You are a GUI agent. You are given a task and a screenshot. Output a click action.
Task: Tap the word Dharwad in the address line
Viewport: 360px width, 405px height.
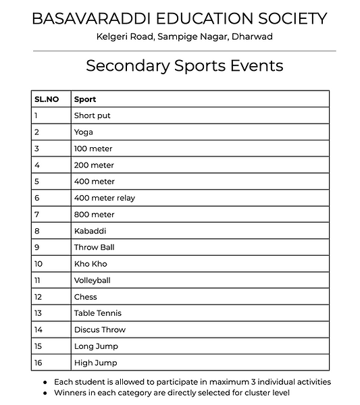(252, 36)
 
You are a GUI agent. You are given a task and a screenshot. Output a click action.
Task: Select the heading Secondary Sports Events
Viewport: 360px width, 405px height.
(184, 65)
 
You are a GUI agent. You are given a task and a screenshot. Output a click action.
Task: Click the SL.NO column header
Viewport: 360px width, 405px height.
(47, 99)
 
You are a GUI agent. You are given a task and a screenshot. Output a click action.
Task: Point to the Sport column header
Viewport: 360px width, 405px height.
(85, 99)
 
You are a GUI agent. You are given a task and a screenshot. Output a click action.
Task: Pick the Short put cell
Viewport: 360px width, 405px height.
(93, 115)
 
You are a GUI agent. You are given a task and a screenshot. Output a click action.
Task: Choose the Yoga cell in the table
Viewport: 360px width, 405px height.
(84, 132)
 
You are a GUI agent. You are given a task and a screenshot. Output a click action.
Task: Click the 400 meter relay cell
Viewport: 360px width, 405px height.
(105, 198)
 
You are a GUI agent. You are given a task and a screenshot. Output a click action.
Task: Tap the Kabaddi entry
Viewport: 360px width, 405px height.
(91, 231)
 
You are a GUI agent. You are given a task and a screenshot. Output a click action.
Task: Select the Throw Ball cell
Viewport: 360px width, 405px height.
(95, 248)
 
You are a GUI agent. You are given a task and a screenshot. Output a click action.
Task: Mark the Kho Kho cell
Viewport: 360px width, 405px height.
(91, 264)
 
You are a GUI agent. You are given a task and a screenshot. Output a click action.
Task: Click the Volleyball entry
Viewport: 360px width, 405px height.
(93, 281)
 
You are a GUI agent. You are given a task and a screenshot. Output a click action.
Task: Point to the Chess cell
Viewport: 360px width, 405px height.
(86, 297)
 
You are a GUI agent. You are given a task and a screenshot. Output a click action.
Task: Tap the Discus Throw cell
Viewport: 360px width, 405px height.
(100, 330)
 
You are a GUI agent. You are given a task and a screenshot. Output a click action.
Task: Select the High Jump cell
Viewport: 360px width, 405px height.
(96, 363)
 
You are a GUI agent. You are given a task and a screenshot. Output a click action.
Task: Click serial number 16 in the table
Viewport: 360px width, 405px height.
(38, 363)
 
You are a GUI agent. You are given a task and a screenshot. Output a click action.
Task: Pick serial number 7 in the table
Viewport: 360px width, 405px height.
(36, 215)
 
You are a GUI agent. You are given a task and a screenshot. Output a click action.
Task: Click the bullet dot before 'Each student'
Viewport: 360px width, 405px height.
(45, 382)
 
